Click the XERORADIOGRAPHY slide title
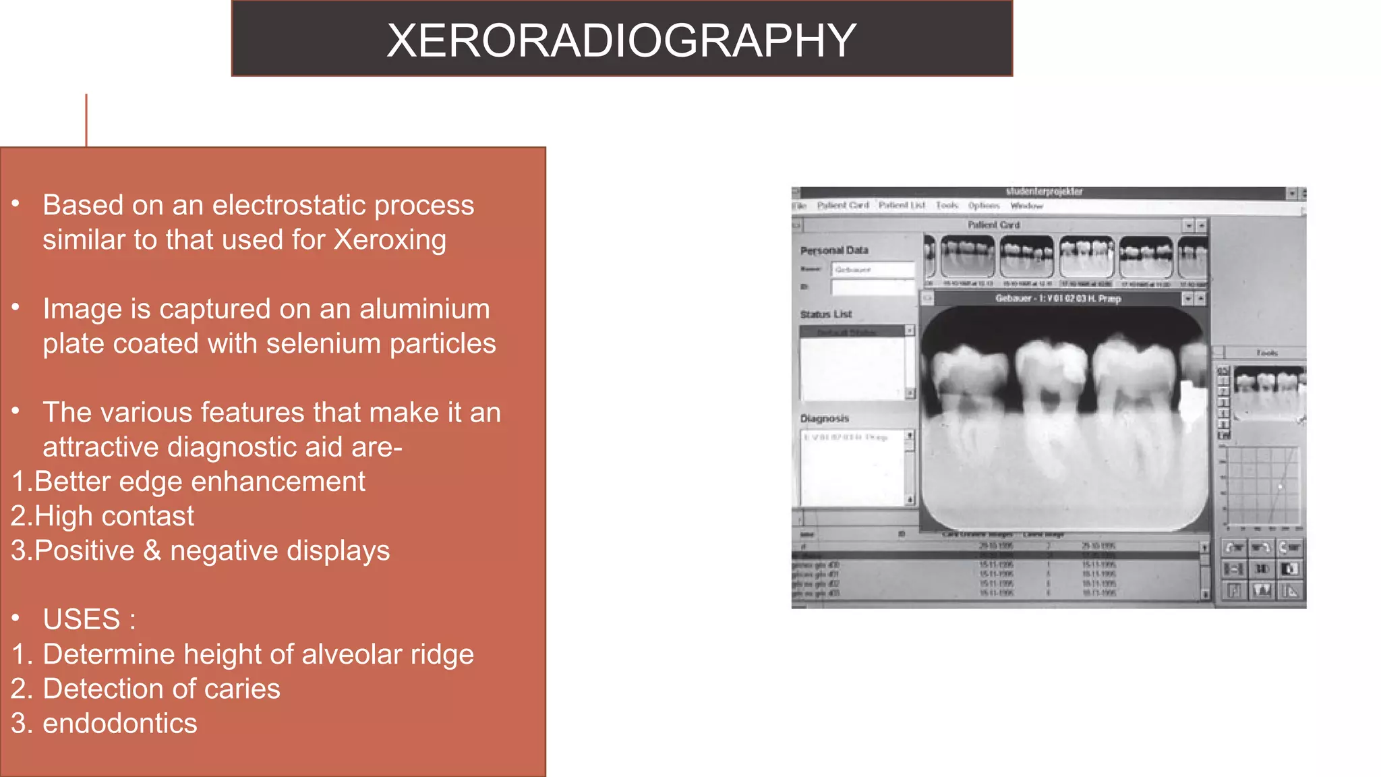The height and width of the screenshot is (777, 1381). point(621,40)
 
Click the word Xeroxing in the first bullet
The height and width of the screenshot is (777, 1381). point(390,240)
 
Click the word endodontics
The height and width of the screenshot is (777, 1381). point(120,724)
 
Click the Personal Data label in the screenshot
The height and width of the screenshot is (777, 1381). point(834,250)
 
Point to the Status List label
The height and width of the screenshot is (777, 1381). point(826,314)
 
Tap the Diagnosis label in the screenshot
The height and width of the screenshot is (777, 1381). point(824,419)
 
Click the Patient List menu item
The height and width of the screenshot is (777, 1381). point(902,205)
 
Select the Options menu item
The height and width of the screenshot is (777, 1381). point(984,205)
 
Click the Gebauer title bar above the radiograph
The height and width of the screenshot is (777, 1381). point(1057,298)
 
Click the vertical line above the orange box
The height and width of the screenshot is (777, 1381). point(86,120)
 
